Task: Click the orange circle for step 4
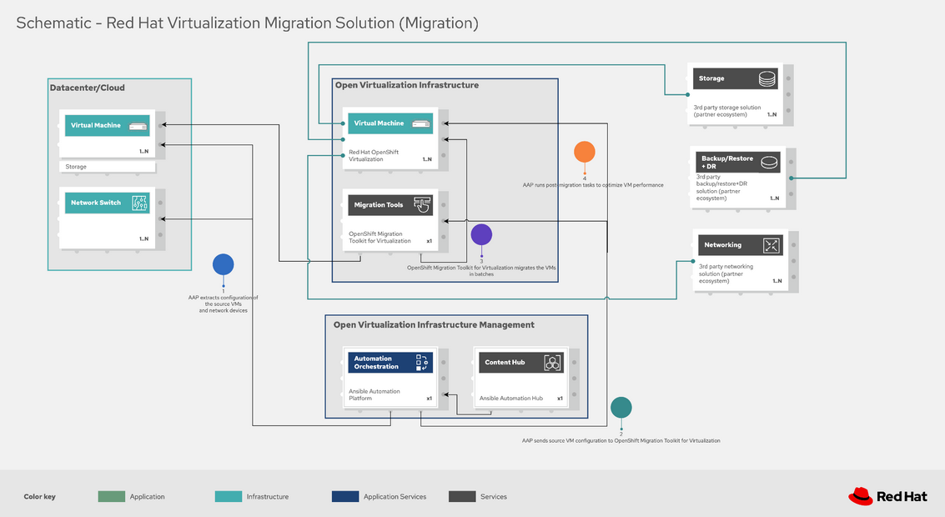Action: coord(585,152)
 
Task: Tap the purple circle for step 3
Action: coord(481,234)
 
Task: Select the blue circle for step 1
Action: coord(223,264)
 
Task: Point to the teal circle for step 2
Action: coord(621,407)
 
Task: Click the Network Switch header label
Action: coord(96,203)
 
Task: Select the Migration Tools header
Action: coord(379,204)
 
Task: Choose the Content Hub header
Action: coord(505,363)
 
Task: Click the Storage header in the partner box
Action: coord(711,78)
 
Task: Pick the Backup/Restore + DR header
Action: coord(726,162)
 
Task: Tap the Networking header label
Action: coord(722,245)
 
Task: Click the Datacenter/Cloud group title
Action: coord(88,88)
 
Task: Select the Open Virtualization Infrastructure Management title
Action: coord(434,324)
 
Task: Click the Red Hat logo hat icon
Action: coord(861,496)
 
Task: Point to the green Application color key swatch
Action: coord(111,496)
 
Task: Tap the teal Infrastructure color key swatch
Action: coord(228,496)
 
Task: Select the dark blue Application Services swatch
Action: coord(344,496)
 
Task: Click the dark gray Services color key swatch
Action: coord(461,496)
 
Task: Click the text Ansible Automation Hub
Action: coord(510,399)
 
